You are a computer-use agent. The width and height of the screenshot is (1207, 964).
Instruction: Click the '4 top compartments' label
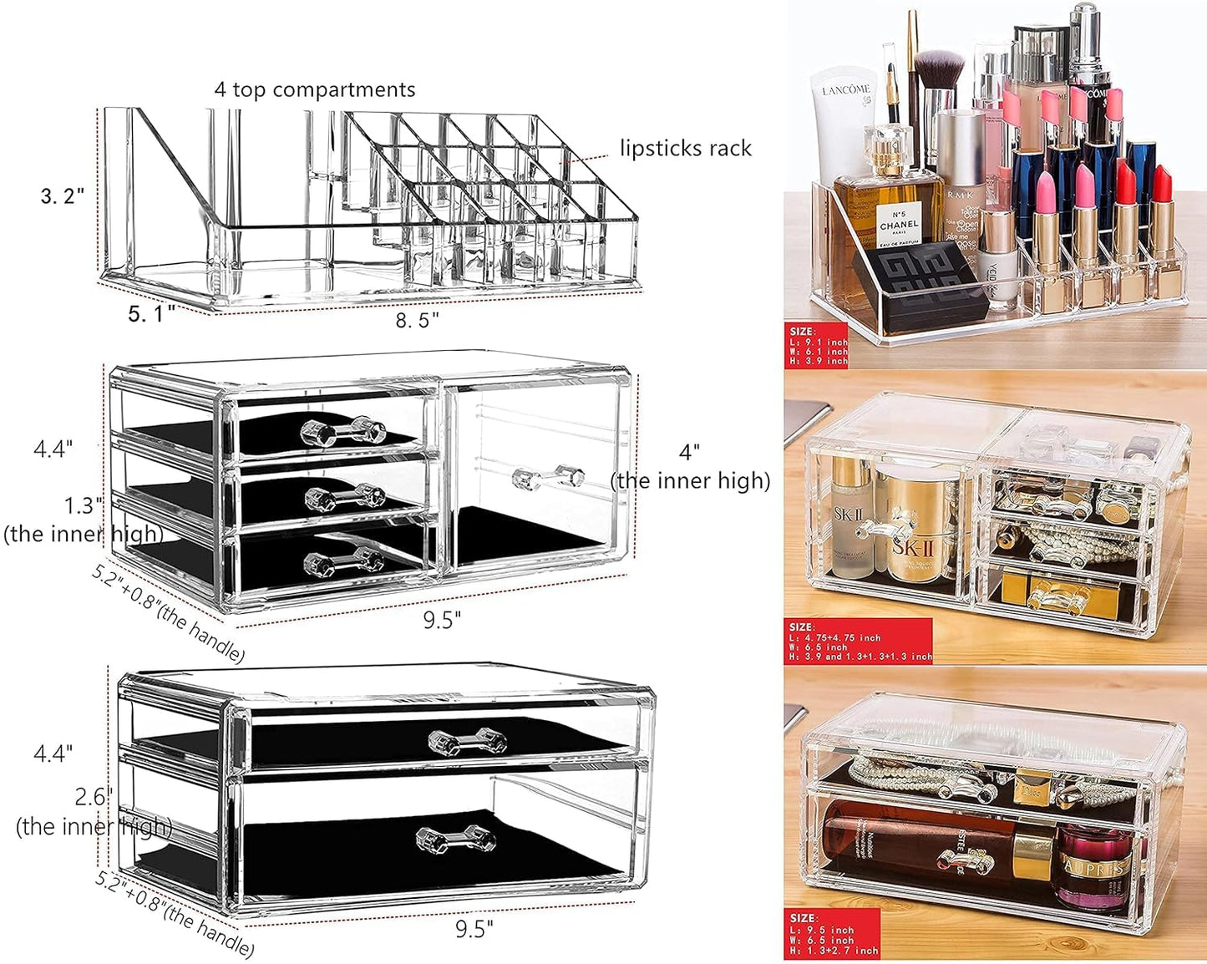click(x=314, y=89)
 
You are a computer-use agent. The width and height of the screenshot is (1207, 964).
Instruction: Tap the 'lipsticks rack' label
click(x=685, y=149)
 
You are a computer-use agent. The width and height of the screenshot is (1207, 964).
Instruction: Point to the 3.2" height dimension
click(x=63, y=196)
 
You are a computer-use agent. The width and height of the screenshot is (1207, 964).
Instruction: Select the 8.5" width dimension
click(x=417, y=320)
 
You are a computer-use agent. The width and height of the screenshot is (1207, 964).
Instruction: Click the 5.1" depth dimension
click(x=151, y=313)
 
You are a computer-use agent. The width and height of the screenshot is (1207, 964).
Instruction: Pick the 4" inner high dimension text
click(x=690, y=467)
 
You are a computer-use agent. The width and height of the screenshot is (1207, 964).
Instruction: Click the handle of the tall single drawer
click(x=547, y=478)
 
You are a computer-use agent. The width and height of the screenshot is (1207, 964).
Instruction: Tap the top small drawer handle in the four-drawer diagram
click(x=342, y=431)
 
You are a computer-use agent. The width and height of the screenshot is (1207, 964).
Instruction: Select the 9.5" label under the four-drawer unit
click(x=441, y=620)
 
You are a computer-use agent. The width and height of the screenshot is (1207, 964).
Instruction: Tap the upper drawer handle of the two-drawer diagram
click(x=467, y=741)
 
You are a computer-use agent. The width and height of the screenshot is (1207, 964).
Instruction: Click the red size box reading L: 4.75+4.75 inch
click(x=859, y=642)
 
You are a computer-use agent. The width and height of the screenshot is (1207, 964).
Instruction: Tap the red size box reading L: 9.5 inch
click(x=833, y=934)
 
